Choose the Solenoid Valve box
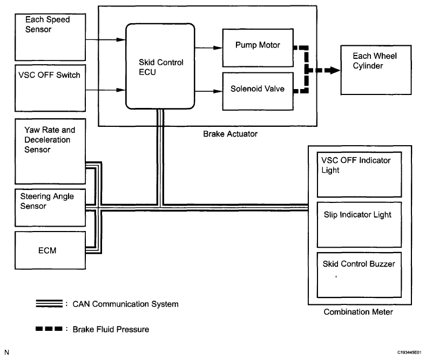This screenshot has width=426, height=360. point(257,90)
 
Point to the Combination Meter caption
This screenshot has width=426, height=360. point(356,312)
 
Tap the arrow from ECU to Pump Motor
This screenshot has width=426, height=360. point(208,47)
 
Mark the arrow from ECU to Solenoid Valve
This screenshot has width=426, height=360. point(208,91)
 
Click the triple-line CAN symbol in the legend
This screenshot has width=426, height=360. point(49,304)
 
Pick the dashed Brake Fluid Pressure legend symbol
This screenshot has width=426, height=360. point(49,329)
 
